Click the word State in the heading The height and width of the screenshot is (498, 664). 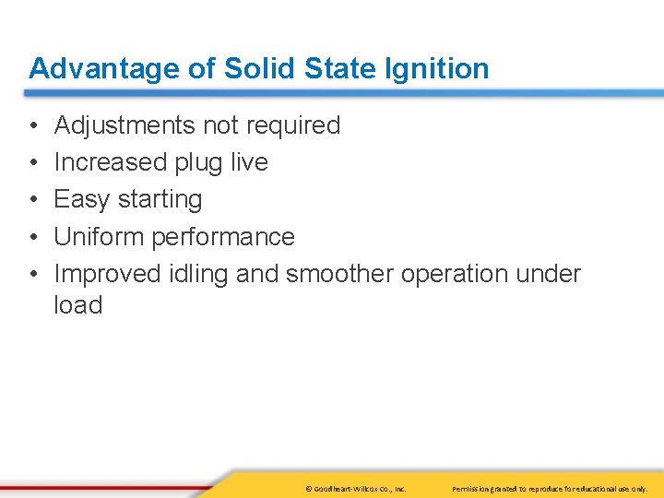point(331,69)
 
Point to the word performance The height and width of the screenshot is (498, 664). point(222,237)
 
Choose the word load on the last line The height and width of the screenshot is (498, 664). point(77,305)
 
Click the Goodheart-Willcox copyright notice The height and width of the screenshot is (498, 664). point(354,488)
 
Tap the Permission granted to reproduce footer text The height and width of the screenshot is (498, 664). point(551,488)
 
